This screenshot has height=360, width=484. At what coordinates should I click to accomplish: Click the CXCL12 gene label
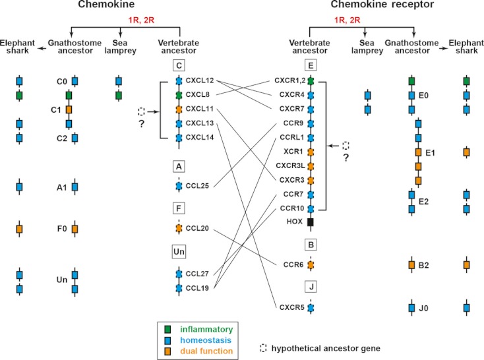(200, 80)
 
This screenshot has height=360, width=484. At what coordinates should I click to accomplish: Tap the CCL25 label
(198, 186)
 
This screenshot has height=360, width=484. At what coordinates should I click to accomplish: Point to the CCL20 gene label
(198, 228)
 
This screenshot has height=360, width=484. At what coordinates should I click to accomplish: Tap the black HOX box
(311, 222)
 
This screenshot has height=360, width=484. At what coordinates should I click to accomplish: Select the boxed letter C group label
(179, 65)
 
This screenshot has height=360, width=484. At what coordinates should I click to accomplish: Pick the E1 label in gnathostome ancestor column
(431, 152)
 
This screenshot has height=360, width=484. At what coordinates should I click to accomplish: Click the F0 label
(63, 229)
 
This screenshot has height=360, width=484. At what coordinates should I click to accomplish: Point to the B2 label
(431, 265)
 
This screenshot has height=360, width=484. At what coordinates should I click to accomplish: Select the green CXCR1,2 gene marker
(311, 80)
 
